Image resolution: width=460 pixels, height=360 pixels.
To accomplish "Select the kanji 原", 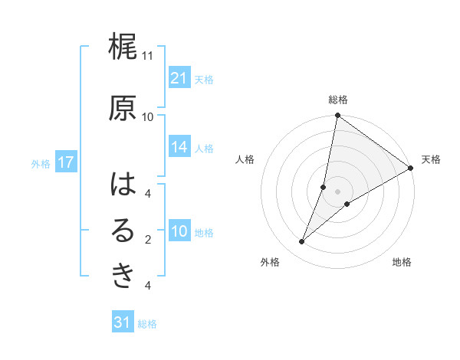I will tap(123, 108).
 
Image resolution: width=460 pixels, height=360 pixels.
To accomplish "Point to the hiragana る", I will tap(123, 231).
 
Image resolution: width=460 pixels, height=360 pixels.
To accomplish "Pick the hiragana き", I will tap(123, 277).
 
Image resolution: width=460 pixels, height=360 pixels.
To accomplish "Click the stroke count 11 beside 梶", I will tap(148, 56).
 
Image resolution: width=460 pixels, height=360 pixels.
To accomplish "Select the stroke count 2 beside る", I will tap(149, 240).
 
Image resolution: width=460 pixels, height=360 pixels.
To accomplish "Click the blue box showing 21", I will tap(179, 78).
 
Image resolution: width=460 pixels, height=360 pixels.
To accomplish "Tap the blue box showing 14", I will tap(179, 148).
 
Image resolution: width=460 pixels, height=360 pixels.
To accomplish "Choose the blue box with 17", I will tap(65, 162).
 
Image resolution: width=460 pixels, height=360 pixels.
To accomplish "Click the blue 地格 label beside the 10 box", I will tap(205, 233).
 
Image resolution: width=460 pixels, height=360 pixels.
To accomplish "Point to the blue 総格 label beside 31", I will tap(147, 324).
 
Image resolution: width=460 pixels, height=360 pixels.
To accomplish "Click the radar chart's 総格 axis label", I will tap(338, 100).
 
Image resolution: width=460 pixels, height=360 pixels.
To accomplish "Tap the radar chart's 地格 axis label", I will tap(402, 263).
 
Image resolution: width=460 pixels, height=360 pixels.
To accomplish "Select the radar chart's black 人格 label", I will tap(245, 159).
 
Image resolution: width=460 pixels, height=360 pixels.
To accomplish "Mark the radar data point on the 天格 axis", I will tap(411, 168).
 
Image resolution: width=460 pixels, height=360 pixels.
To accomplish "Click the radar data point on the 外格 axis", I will tap(302, 242).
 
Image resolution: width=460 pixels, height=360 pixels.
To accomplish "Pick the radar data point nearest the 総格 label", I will tap(337, 116).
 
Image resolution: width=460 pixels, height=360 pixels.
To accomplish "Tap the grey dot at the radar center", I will tap(337, 191).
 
